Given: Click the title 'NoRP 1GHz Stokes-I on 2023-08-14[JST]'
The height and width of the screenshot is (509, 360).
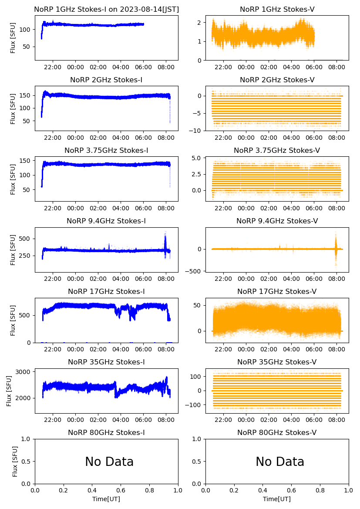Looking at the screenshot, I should [x=106, y=9].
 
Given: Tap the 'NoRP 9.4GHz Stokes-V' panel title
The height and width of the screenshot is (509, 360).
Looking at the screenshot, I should [x=277, y=221].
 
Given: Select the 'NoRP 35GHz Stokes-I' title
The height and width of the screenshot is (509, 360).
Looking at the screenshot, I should [x=106, y=362].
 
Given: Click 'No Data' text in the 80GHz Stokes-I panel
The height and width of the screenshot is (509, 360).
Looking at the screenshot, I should [x=109, y=462].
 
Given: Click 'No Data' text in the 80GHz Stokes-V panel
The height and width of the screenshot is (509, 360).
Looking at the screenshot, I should [x=280, y=462].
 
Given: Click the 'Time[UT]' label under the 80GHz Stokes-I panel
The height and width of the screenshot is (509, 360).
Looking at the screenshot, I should [x=106, y=499].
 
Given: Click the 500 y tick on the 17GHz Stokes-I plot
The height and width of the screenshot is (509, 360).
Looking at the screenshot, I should [x=26, y=315].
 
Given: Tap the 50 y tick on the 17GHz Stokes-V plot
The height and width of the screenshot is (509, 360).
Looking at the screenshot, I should [x=198, y=306].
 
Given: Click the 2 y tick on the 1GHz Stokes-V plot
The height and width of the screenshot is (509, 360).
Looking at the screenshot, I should [x=200, y=22].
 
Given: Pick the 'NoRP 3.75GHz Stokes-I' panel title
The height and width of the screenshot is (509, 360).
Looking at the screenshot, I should [x=106, y=150].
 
